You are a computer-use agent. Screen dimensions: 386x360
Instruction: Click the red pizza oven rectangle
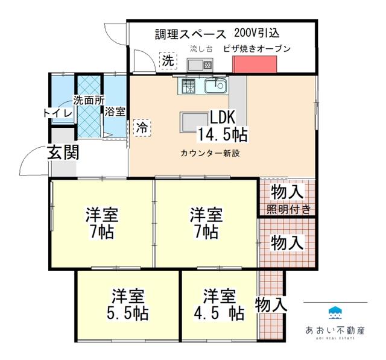(x=255, y=65)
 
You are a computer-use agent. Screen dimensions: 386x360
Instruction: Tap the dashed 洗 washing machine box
(x=168, y=61)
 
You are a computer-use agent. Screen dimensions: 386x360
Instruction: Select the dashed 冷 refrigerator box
(x=142, y=128)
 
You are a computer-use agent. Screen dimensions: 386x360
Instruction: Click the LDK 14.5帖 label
(x=223, y=126)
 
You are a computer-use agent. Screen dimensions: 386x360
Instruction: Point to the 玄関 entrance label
(x=63, y=152)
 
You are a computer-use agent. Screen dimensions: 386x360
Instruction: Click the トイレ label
(x=58, y=113)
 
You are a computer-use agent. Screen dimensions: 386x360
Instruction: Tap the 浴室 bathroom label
(x=115, y=112)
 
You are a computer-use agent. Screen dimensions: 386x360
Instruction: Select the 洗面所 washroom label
(x=89, y=100)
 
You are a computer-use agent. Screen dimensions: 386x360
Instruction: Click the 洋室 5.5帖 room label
(x=127, y=305)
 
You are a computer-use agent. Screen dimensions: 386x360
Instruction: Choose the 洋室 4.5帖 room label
(x=219, y=305)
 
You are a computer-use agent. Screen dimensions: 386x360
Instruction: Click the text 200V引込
(x=257, y=33)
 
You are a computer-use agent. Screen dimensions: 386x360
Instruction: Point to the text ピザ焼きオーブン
(x=257, y=49)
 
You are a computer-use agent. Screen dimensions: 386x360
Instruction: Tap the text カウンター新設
(x=210, y=153)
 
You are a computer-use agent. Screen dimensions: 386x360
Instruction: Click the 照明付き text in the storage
(x=289, y=209)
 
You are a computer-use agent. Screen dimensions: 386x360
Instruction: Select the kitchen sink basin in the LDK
(x=216, y=86)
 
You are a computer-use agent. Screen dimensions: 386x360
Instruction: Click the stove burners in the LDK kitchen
(x=188, y=86)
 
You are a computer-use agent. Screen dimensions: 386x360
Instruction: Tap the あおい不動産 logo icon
(x=335, y=313)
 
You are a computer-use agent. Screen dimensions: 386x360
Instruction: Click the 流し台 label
(x=201, y=49)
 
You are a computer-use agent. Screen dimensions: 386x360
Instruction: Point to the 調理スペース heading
(x=191, y=34)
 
